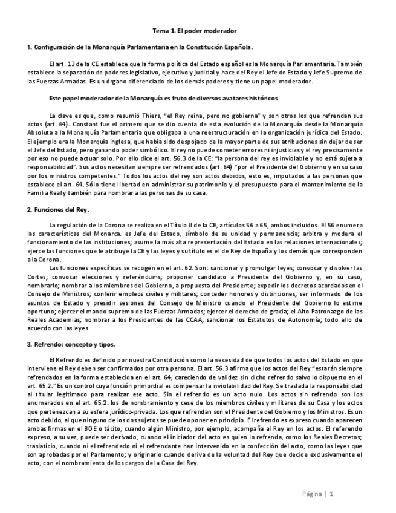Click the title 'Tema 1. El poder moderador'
(x=198, y=30)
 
